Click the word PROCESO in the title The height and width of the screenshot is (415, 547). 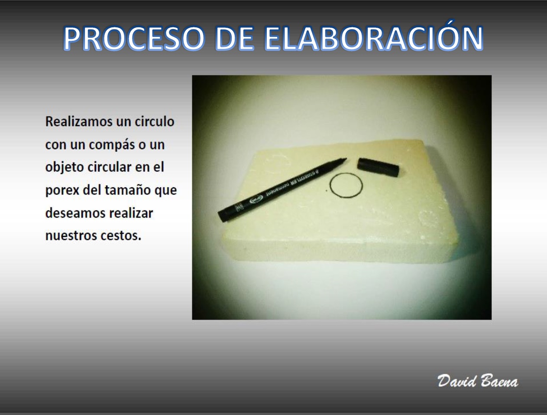click(x=134, y=38)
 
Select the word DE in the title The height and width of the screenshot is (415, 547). click(x=234, y=38)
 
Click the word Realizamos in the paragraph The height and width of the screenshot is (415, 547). click(x=79, y=122)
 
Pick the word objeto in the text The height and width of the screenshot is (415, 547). click(x=64, y=167)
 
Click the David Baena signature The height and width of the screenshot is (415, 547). click(x=477, y=381)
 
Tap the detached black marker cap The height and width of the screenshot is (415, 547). click(x=378, y=167)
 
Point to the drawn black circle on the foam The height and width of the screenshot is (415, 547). click(x=330, y=186)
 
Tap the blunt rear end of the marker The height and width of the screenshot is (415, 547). click(x=221, y=216)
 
